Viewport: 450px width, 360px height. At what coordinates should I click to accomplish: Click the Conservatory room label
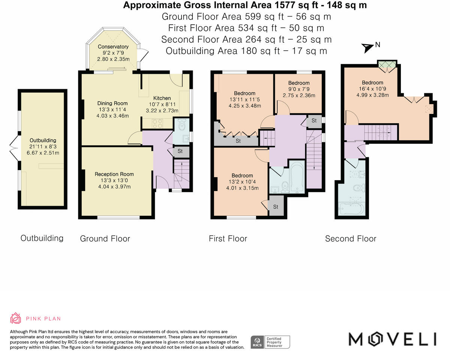click(x=113, y=46)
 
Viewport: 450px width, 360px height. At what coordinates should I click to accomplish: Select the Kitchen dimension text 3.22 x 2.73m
click(x=162, y=111)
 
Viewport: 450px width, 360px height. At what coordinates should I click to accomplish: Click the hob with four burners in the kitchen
click(x=157, y=123)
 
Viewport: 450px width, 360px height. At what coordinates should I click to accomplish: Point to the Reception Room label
click(x=114, y=174)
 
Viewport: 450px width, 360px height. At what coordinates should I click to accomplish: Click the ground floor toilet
click(x=182, y=124)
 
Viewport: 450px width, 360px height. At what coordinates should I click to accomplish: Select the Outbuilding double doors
click(x=14, y=148)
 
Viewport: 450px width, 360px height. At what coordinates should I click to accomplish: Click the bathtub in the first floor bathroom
click(x=297, y=177)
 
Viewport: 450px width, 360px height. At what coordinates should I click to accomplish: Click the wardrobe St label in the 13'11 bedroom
click(x=238, y=141)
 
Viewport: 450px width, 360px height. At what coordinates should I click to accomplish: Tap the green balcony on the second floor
click(x=387, y=64)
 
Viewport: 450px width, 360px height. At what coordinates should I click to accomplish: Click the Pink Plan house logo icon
click(x=15, y=318)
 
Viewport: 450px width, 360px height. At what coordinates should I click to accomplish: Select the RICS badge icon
click(x=257, y=342)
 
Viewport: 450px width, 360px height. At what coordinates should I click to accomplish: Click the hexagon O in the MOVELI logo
click(x=375, y=339)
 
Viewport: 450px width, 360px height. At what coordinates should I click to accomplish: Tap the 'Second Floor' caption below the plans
click(x=351, y=239)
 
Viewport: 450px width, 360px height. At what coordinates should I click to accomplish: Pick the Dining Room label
click(x=112, y=103)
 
